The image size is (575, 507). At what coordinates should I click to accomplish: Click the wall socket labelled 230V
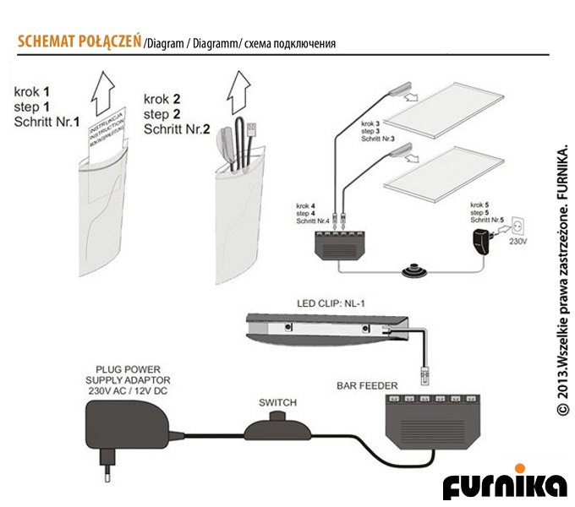(x=521, y=226)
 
